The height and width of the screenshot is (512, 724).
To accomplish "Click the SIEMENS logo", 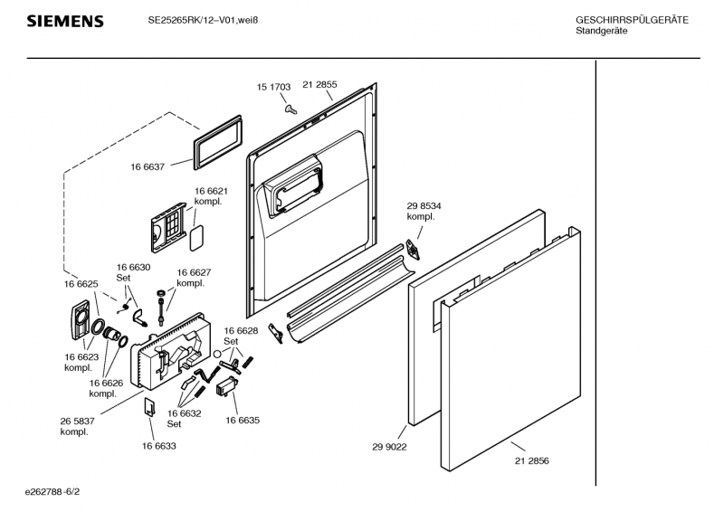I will tap(64, 21).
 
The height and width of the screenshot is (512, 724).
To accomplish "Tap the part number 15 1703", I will tap(273, 87).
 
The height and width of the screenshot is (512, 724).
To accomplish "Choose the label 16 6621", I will tap(210, 191).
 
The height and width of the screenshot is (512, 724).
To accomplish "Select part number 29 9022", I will tap(387, 446).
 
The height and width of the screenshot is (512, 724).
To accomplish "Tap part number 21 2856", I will tap(531, 460).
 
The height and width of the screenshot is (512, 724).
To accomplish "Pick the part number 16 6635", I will tap(243, 421).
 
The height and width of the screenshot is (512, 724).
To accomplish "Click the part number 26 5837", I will tap(77, 421).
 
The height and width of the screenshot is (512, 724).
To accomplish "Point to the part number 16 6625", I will tap(81, 284).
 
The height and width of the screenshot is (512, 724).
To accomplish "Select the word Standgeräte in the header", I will tap(602, 32).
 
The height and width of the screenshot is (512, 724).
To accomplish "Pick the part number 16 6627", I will tap(194, 272).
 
